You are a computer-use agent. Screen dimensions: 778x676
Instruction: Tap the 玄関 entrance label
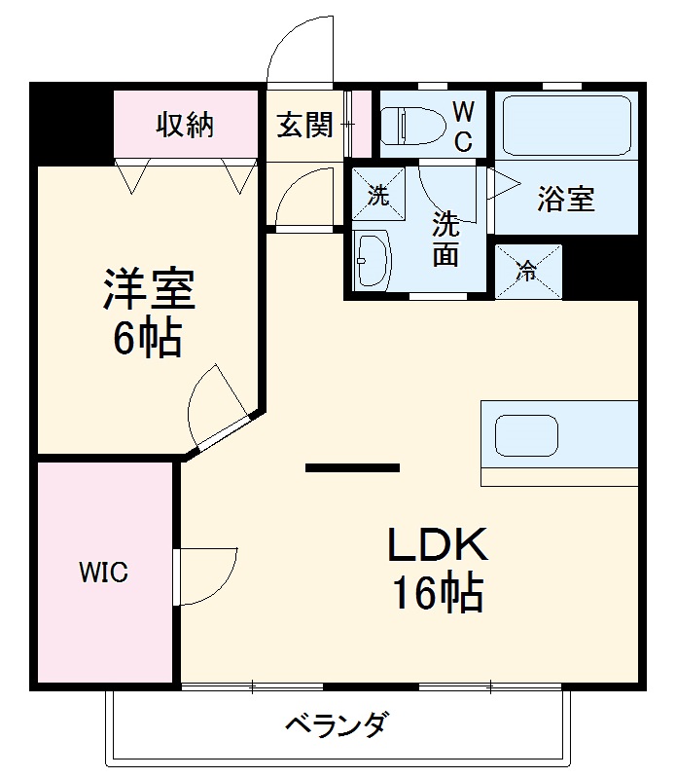(x=304, y=125)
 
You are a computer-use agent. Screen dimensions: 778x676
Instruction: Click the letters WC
(x=463, y=125)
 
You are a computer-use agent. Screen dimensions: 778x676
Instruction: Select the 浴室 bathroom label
(x=565, y=199)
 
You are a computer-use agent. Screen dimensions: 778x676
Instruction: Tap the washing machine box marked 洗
(x=376, y=194)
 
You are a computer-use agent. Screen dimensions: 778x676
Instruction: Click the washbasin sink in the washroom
(x=372, y=260)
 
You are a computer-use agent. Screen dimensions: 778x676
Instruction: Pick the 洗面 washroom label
(x=445, y=239)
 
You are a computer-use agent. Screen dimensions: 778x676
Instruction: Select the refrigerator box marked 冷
(x=528, y=270)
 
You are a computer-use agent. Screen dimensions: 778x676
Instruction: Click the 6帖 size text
(x=147, y=337)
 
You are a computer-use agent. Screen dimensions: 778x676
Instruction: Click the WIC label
(x=103, y=573)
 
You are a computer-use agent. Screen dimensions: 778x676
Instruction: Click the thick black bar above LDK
(x=352, y=468)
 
